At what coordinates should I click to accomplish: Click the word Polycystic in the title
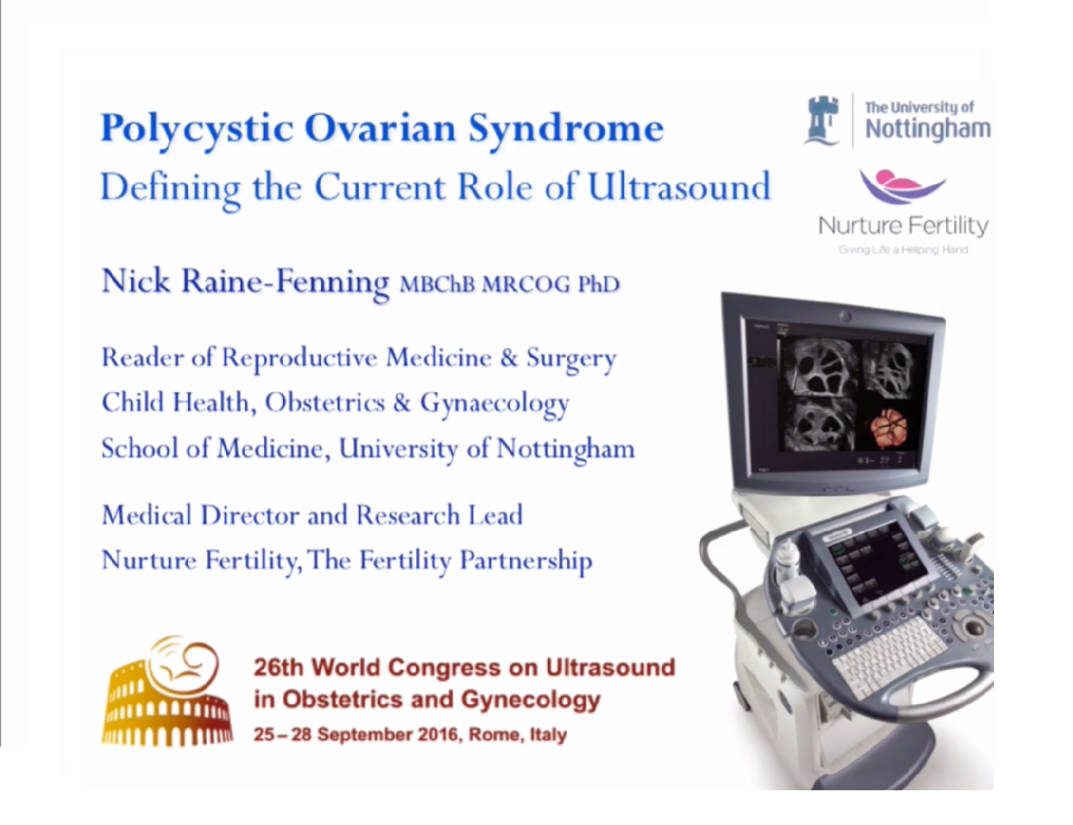click(196, 128)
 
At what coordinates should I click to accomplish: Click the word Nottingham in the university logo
click(927, 129)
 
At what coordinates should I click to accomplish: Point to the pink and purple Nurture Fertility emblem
click(902, 186)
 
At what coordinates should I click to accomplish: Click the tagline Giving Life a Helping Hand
click(902, 250)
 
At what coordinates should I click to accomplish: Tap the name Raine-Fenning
click(285, 282)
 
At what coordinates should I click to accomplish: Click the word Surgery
click(570, 358)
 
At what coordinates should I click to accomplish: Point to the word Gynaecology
click(494, 403)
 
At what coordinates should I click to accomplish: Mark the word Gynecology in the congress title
click(530, 699)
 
